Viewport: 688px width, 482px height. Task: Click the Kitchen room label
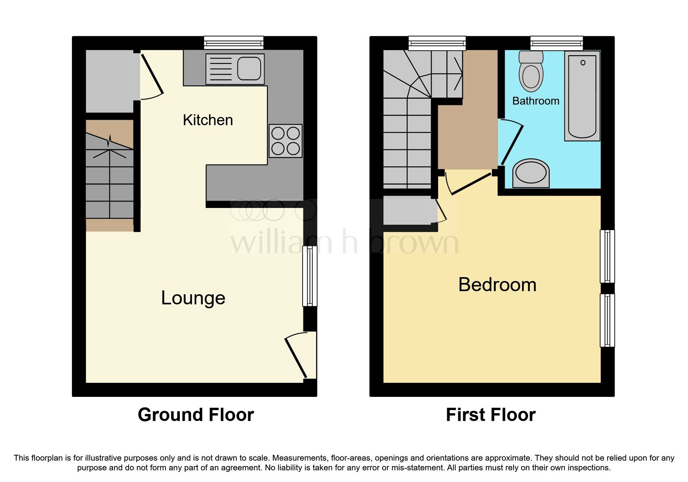(208, 120)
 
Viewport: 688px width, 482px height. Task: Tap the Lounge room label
(193, 298)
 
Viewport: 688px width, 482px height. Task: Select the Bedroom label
(497, 285)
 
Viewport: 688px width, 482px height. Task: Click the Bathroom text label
(535, 101)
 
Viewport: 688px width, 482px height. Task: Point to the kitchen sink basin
(249, 69)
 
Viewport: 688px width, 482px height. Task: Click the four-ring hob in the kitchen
(286, 141)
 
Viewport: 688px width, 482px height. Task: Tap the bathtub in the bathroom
(582, 96)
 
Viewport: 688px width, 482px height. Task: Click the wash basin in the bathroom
(531, 173)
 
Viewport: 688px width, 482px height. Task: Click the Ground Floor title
(196, 415)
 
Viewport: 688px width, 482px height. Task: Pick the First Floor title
(491, 415)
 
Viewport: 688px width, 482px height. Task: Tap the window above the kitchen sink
(234, 42)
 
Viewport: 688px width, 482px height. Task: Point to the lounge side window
(310, 276)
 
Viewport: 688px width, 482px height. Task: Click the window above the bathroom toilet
(556, 42)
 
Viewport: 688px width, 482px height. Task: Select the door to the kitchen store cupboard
(152, 76)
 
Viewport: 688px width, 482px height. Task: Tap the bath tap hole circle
(583, 63)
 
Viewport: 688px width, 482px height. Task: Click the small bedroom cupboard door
(441, 212)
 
